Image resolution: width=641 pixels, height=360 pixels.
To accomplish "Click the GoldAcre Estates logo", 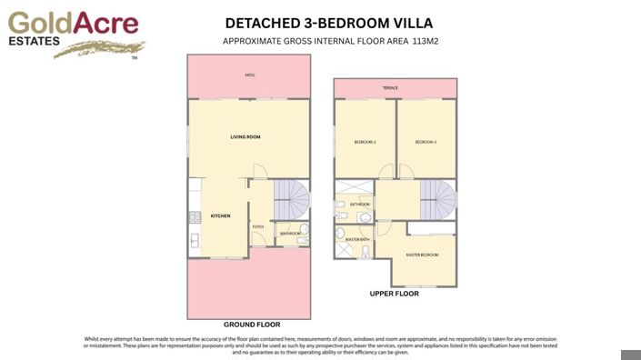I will [x=74, y=33].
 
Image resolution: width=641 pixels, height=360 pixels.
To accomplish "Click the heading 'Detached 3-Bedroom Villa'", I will [x=329, y=23].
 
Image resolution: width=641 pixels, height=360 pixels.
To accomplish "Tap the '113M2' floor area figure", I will [x=426, y=42].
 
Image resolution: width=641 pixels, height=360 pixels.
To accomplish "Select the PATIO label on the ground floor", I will [x=249, y=75].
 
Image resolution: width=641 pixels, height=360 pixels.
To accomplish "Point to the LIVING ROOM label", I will [x=245, y=137].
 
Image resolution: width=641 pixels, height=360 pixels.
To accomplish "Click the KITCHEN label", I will [x=221, y=216].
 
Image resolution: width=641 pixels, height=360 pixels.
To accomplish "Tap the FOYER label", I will [x=258, y=226].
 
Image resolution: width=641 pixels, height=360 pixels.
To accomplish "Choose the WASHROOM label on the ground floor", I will [x=290, y=234].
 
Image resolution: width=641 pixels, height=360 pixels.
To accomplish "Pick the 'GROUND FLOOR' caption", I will [x=252, y=325].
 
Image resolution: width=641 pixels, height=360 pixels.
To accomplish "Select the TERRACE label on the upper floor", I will [x=390, y=88].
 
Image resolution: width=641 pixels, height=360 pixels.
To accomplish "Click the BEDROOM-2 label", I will [x=365, y=143].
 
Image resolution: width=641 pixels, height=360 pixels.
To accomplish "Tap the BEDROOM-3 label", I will [x=426, y=143].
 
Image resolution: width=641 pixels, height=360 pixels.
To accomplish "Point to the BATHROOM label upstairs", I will [x=360, y=205].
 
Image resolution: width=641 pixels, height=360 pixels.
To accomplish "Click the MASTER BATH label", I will [x=357, y=240].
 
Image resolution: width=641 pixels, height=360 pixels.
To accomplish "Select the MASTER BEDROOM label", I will [x=423, y=255].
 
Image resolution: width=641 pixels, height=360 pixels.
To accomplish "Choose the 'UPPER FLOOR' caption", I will [x=394, y=295].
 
